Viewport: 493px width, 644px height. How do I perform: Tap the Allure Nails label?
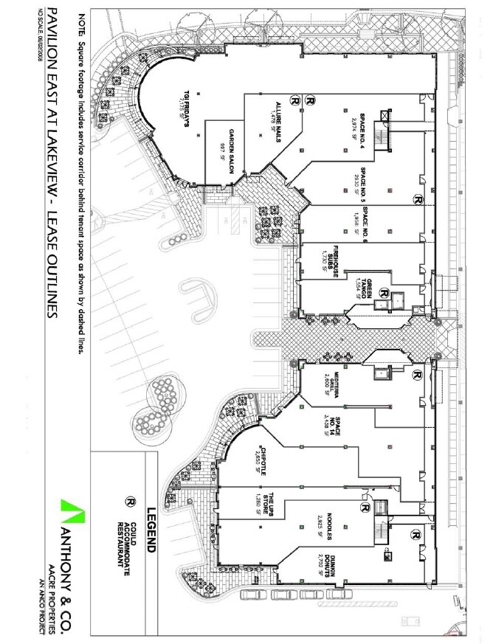point(280,116)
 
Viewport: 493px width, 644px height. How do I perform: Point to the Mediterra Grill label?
point(336,385)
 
